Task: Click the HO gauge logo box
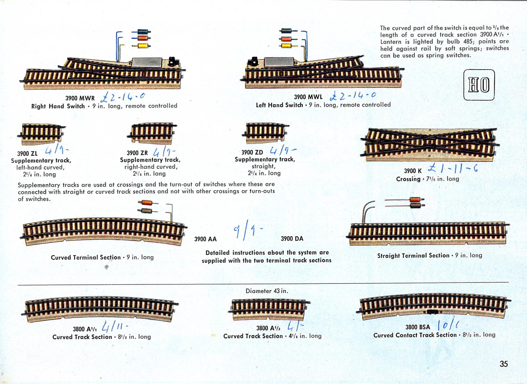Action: pyautogui.click(x=479, y=85)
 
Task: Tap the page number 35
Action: pyautogui.click(x=504, y=364)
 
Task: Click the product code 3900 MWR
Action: pyautogui.click(x=80, y=98)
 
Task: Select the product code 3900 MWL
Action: pyautogui.click(x=308, y=97)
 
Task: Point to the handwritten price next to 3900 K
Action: pyautogui.click(x=453, y=169)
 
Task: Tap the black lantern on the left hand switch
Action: pyautogui.click(x=253, y=61)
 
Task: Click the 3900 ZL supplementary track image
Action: pyautogui.click(x=41, y=134)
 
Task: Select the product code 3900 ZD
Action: pyautogui.click(x=252, y=152)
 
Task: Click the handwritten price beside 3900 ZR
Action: pyautogui.click(x=164, y=152)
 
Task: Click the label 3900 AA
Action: pyautogui.click(x=205, y=239)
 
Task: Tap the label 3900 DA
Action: pyautogui.click(x=292, y=239)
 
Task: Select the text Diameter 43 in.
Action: pyautogui.click(x=267, y=291)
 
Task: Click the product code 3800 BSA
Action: pyautogui.click(x=418, y=327)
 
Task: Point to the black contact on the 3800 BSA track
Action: pyautogui.click(x=432, y=311)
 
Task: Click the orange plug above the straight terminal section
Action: pyautogui.click(x=416, y=199)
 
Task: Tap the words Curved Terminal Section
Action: pyautogui.click(x=85, y=258)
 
